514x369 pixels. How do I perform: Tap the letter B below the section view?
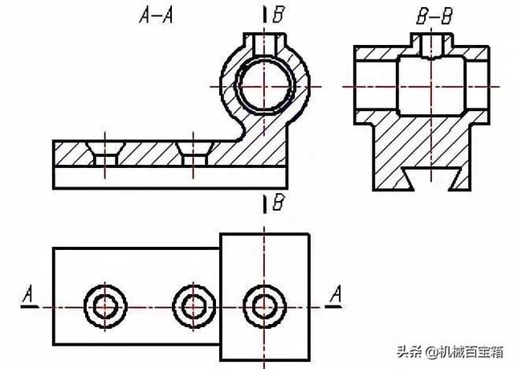[278, 203]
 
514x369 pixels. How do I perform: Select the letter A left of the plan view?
[30, 297]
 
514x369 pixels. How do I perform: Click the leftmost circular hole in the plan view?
[103, 306]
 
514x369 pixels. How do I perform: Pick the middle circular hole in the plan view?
[193, 306]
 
